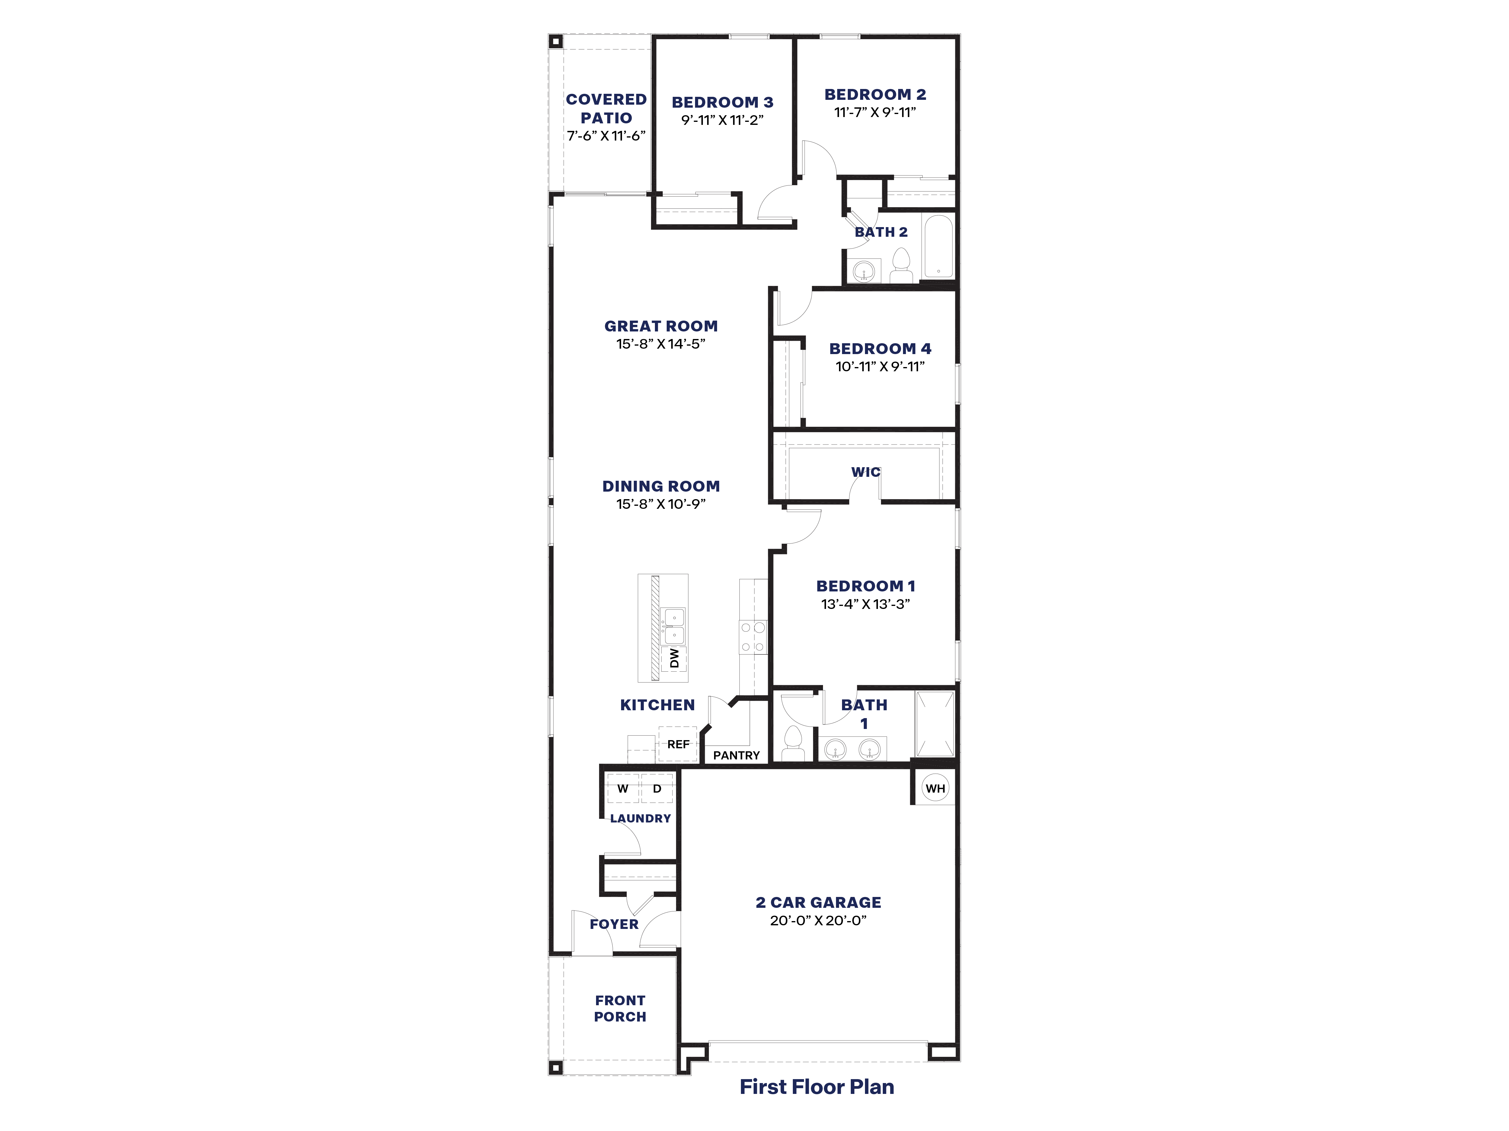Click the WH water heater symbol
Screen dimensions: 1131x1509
pyautogui.click(x=935, y=789)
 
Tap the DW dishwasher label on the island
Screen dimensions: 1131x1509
pyautogui.click(x=674, y=658)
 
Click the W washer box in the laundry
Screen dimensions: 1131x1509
pyautogui.click(x=623, y=789)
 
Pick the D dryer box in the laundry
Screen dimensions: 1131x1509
pyautogui.click(x=657, y=789)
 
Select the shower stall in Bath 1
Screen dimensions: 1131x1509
pyautogui.click(x=935, y=724)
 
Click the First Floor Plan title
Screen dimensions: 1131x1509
pyautogui.click(x=817, y=1087)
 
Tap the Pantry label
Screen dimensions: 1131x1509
pyautogui.click(x=736, y=756)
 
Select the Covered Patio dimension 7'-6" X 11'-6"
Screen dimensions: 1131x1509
pyautogui.click(x=606, y=136)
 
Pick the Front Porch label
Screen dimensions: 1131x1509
pyautogui.click(x=620, y=1008)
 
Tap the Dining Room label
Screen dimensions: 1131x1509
pyautogui.click(x=661, y=486)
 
